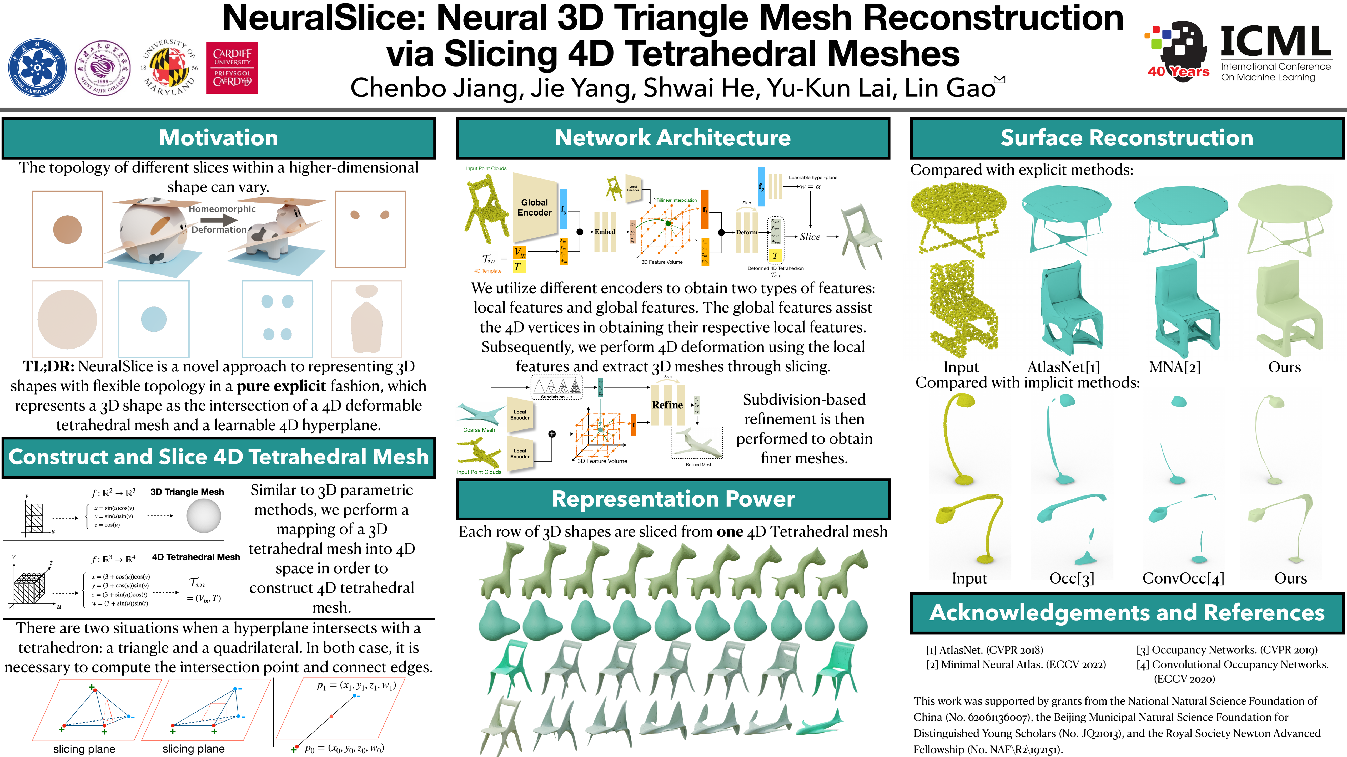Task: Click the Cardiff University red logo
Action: pyautogui.click(x=232, y=67)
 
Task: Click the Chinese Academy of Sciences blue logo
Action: pyautogui.click(x=37, y=67)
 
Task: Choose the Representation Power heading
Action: pyautogui.click(x=673, y=499)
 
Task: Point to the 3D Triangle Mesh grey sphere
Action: pyautogui.click(x=203, y=516)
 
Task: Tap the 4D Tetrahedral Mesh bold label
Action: pyautogui.click(x=195, y=557)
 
